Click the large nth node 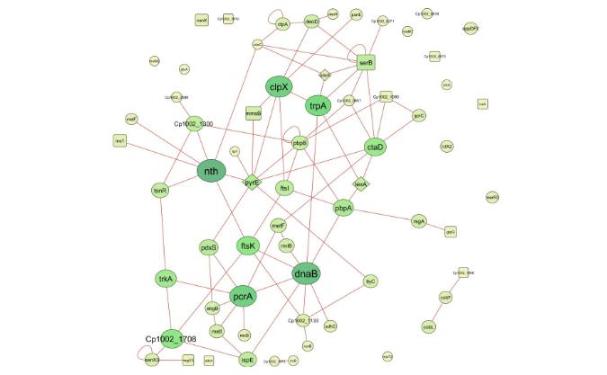click(211, 170)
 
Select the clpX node click(279, 86)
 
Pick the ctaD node click(375, 147)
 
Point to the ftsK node click(248, 245)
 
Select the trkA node click(165, 279)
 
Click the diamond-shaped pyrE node click(253, 183)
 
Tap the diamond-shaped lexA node click(361, 184)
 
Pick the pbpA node click(344, 208)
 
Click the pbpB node click(299, 143)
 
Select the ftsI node click(284, 188)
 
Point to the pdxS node click(209, 247)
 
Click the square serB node click(365, 63)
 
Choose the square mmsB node click(254, 114)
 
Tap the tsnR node click(161, 191)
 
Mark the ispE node click(247, 360)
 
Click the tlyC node click(370, 281)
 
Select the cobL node click(429, 327)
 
